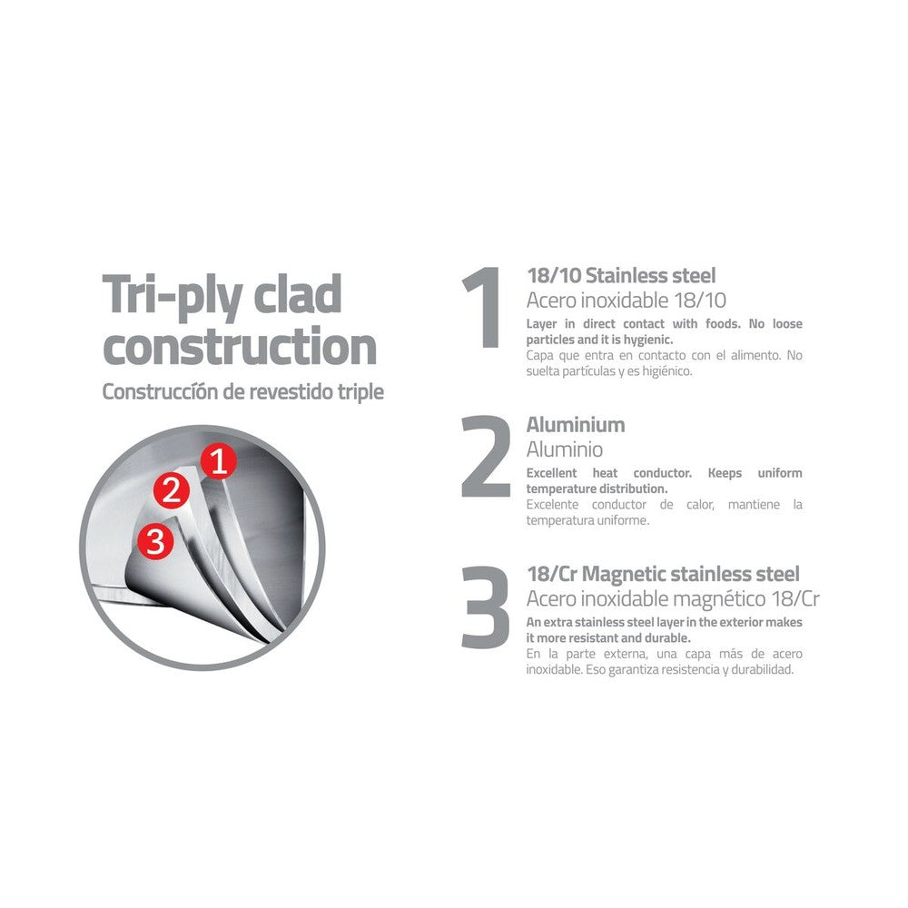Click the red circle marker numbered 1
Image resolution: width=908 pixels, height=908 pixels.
218,461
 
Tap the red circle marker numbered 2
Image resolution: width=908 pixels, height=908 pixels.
172,490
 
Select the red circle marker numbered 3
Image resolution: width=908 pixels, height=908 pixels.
156,541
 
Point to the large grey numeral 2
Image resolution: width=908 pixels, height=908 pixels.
485,457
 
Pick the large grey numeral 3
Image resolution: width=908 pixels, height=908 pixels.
485,607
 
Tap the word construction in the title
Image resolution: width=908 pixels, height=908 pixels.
240,346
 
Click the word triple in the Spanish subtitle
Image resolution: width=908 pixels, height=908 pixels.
360,392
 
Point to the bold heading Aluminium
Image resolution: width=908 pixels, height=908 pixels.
576,425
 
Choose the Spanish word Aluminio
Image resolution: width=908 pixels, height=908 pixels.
565,449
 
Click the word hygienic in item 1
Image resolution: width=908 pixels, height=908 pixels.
648,340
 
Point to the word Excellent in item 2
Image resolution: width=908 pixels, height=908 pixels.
551,473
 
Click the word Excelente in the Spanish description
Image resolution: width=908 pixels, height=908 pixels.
552,504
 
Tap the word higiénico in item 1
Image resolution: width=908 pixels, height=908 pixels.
667,371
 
